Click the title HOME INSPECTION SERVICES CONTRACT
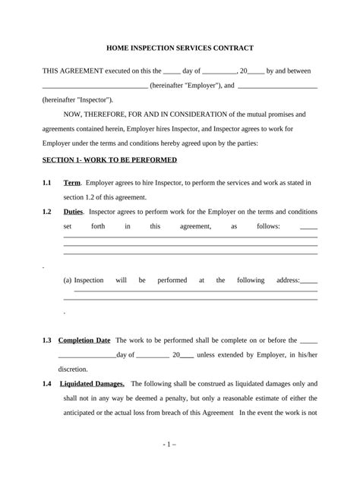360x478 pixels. pos(179,47)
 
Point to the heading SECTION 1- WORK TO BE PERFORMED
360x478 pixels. pos(109,160)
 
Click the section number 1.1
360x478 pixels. pos(46,183)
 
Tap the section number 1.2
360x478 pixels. pos(46,212)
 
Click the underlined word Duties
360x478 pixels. pos(74,212)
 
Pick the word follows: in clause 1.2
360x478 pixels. pos(266,226)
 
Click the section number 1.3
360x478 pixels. pos(46,341)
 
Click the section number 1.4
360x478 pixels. pos(46,384)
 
